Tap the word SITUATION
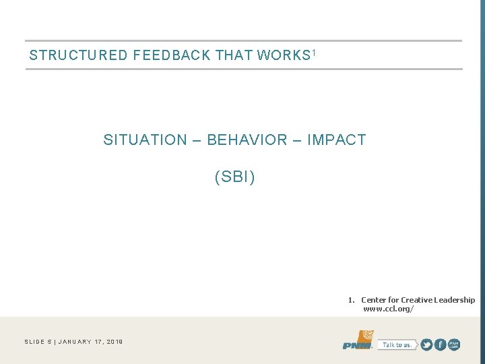click(145, 140)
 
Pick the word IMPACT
click(336, 140)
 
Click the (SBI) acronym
click(234, 177)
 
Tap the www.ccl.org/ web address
click(389, 309)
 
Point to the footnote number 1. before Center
click(351, 300)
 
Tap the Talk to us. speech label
click(396, 344)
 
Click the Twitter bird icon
click(426, 344)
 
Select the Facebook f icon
click(440, 344)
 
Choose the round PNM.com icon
click(454, 344)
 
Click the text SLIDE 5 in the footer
click(37, 342)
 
